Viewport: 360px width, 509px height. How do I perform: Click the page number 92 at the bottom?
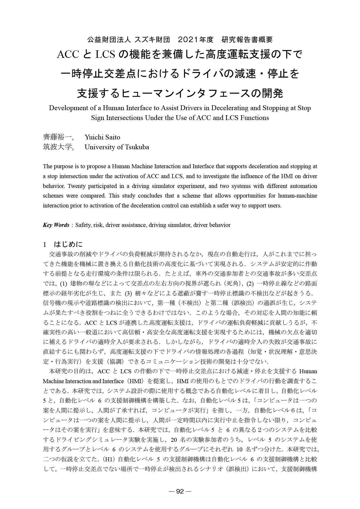pos(180,491)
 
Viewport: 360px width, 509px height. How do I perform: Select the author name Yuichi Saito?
pos(102,137)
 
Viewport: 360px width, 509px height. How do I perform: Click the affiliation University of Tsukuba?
pos(117,147)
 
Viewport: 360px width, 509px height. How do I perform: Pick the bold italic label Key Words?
pos(56,225)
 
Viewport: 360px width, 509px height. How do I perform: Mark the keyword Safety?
pos(84,225)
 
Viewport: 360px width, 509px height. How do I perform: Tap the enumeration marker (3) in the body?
pos(129,294)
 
